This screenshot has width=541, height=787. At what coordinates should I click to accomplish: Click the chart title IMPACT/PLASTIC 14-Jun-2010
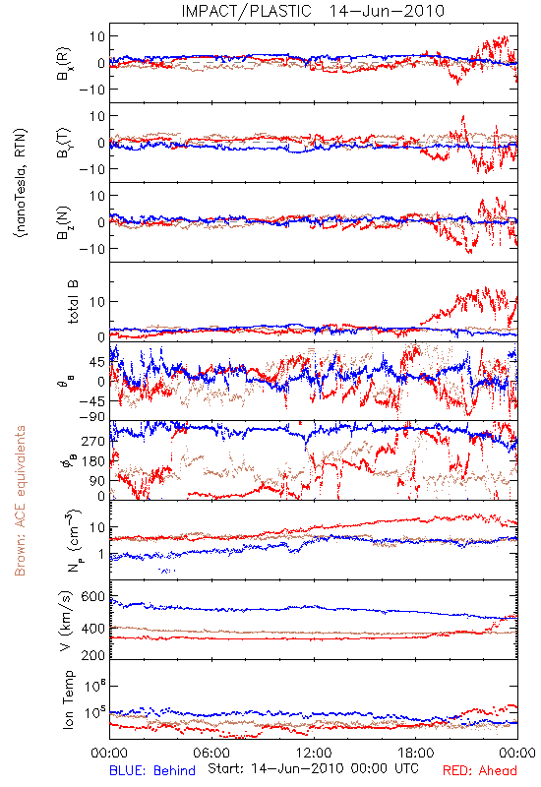click(313, 11)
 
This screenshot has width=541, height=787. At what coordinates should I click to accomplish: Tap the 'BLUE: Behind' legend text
click(152, 771)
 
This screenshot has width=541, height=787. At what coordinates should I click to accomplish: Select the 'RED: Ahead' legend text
click(479, 771)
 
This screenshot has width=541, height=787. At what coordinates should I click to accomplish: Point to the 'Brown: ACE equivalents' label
click(20, 501)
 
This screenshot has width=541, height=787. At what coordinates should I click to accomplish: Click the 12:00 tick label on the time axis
click(314, 753)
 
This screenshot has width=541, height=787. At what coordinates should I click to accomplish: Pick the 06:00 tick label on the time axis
click(211, 753)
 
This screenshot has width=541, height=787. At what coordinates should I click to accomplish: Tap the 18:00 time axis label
click(416, 753)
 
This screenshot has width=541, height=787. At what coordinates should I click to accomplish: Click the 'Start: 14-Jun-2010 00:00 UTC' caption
click(313, 768)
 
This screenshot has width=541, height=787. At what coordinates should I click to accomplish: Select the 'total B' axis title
click(72, 302)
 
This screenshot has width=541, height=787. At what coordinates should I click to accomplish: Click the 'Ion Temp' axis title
click(68, 699)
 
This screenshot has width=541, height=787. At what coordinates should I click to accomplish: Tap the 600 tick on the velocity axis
click(93, 597)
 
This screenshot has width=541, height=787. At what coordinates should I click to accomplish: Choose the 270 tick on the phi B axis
click(93, 441)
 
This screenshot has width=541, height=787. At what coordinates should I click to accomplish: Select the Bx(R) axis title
click(63, 64)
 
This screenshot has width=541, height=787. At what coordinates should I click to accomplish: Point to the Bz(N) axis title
click(63, 222)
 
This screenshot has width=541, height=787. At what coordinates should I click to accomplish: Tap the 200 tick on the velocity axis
click(93, 655)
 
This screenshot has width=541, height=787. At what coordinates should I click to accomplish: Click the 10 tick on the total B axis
click(96, 302)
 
